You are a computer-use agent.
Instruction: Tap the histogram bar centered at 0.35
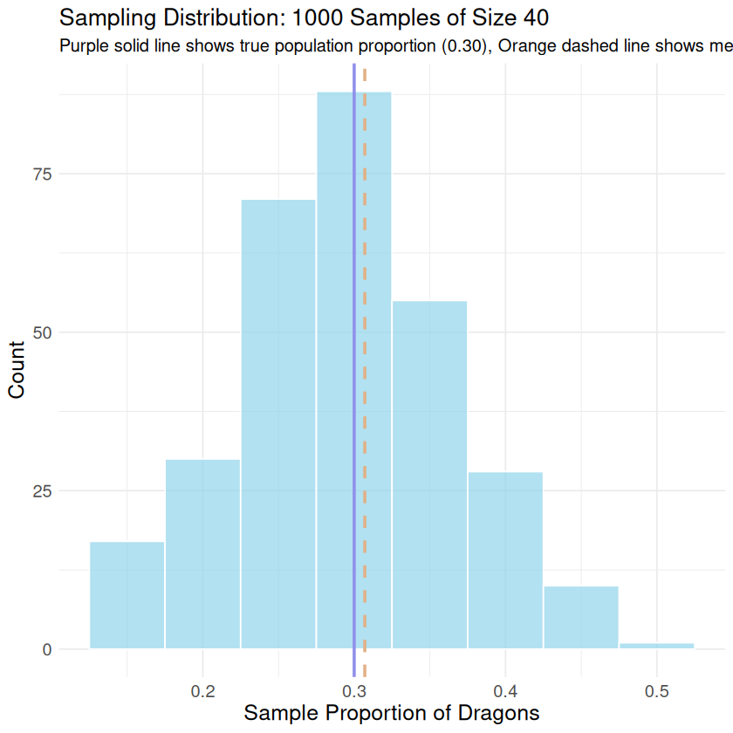pyautogui.click(x=429, y=476)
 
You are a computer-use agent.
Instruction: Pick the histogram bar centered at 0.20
pyautogui.click(x=202, y=554)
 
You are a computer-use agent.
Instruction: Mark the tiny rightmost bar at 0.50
pyautogui.click(x=656, y=646)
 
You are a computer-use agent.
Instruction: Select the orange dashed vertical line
pyautogui.click(x=365, y=262)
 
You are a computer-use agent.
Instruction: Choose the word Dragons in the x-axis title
pyautogui.click(x=502, y=713)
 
